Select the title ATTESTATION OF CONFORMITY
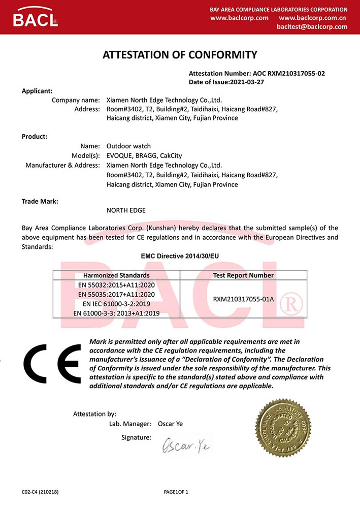click(180, 54)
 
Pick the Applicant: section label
click(37, 91)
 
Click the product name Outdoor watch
click(128, 146)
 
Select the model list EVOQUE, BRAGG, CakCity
click(144, 155)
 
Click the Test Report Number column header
click(243, 275)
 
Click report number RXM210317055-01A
click(243, 299)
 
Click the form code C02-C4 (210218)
click(43, 492)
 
